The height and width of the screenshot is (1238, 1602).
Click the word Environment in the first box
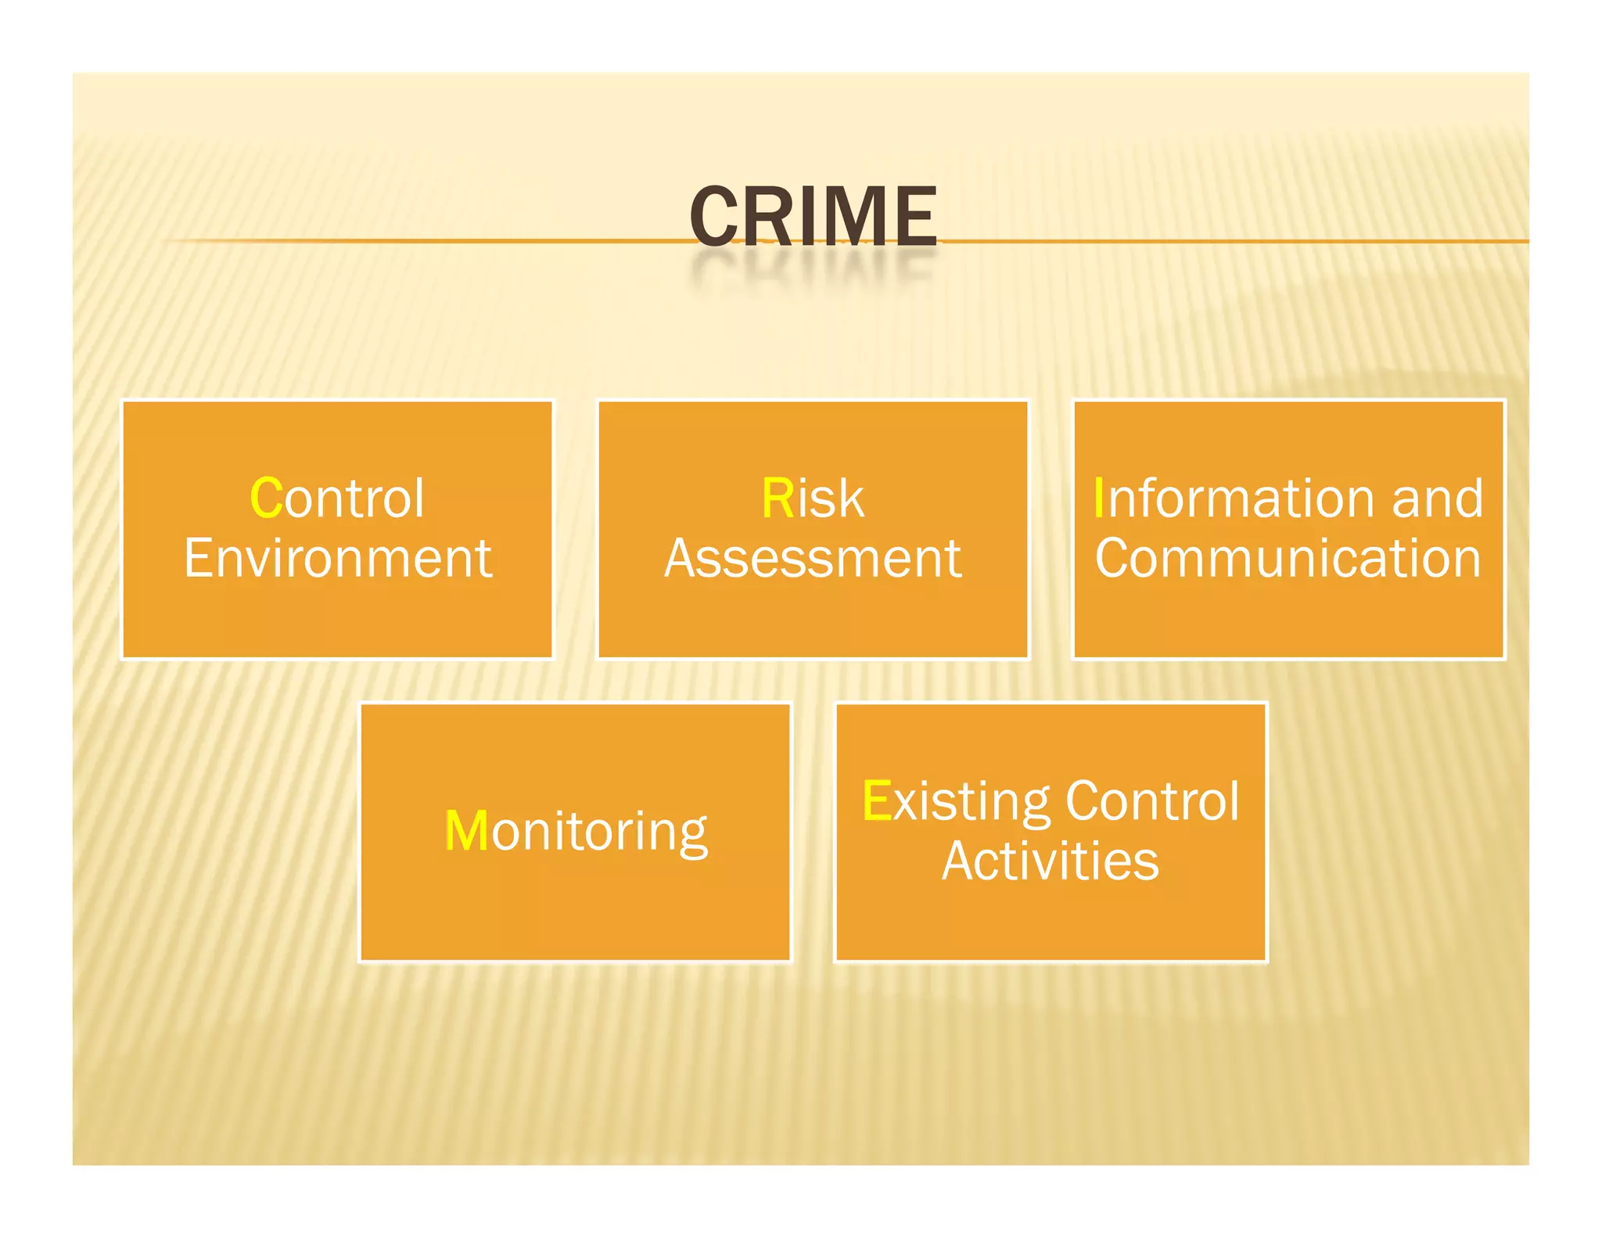tap(338, 559)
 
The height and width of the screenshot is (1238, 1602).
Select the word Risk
tap(813, 498)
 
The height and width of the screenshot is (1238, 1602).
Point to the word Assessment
tap(813, 559)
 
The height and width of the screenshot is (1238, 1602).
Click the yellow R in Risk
tap(778, 498)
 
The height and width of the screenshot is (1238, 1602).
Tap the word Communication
tap(1288, 559)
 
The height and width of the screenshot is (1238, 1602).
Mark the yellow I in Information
tap(1099, 498)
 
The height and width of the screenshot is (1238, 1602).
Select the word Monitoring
tap(576, 831)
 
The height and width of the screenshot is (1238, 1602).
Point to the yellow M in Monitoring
tap(466, 831)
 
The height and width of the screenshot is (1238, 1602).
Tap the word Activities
tap(1050, 861)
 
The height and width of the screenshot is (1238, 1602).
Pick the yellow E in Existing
tap(876, 801)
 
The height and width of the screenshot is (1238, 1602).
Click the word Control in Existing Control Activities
tap(1152, 801)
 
